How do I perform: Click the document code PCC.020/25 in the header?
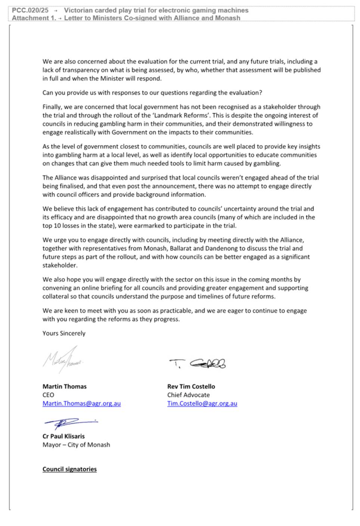pyautogui.click(x=30, y=10)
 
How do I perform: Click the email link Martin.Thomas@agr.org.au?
pyautogui.click(x=81, y=404)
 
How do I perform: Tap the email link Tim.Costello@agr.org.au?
pyautogui.click(x=202, y=404)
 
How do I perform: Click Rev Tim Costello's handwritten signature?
pyautogui.click(x=198, y=363)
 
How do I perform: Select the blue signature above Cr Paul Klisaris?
pyautogui.click(x=70, y=423)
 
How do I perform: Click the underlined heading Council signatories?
pyautogui.click(x=69, y=469)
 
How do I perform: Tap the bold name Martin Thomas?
pyautogui.click(x=64, y=386)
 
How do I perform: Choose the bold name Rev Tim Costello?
pyautogui.click(x=191, y=386)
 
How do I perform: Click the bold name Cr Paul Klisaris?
pyautogui.click(x=63, y=436)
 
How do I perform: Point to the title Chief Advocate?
pyautogui.click(x=188, y=395)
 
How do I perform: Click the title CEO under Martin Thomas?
pyautogui.click(x=48, y=395)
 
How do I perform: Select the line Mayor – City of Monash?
pyautogui.click(x=76, y=445)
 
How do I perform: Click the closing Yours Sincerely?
pyautogui.click(x=64, y=333)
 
